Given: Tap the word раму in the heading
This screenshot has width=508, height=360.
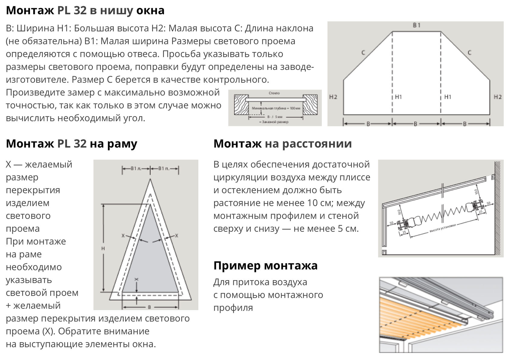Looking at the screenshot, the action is point(122,144).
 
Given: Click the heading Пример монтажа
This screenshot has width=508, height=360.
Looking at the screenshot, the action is point(265,265).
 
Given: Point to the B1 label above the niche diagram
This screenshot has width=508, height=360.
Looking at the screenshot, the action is point(417,25).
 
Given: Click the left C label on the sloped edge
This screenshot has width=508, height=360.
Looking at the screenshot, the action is point(363,53).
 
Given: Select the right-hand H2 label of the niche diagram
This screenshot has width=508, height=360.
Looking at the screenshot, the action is point(497,97).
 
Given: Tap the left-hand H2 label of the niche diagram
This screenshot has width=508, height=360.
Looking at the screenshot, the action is point(333,97).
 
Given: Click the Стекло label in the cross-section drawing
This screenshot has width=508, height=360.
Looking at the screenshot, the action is point(274,93).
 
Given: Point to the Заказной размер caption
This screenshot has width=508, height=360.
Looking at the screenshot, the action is point(274,122).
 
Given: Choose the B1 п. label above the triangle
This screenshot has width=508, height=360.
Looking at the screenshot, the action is point(164,168).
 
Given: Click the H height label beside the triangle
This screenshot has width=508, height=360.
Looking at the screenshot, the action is point(103,248).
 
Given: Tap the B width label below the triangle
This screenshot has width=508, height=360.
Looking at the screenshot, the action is point(149,307).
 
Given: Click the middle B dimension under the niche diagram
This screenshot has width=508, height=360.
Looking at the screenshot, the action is point(416,124).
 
